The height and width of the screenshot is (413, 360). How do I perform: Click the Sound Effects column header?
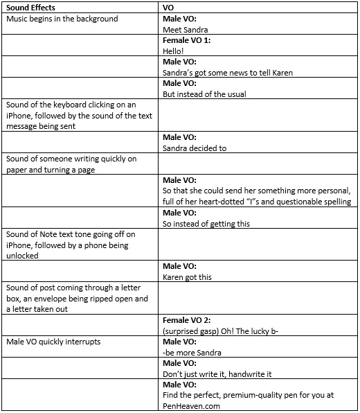pos(31,7)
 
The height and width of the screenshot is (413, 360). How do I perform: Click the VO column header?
pos(168,7)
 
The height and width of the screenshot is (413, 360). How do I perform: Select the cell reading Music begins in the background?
pos(62,19)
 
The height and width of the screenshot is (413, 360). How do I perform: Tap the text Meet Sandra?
pos(185,30)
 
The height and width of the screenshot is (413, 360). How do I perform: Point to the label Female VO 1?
pos(186,41)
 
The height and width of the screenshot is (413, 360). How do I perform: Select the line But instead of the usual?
pos(204,94)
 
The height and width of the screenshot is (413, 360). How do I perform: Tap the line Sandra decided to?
pos(195,148)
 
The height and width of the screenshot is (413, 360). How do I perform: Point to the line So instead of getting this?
pos(206,223)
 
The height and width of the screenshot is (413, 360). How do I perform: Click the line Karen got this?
pos(187,277)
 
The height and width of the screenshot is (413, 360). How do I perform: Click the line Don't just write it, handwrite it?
pos(217,374)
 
